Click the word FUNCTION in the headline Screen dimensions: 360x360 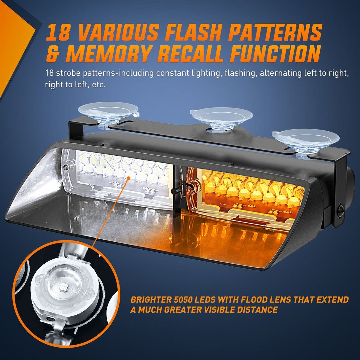275,54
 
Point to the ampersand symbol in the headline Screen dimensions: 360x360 52,54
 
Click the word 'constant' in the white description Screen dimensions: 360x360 170,73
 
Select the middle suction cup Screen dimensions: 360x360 222,117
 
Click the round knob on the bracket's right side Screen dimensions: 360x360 341,208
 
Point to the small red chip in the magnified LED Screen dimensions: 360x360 63,287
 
